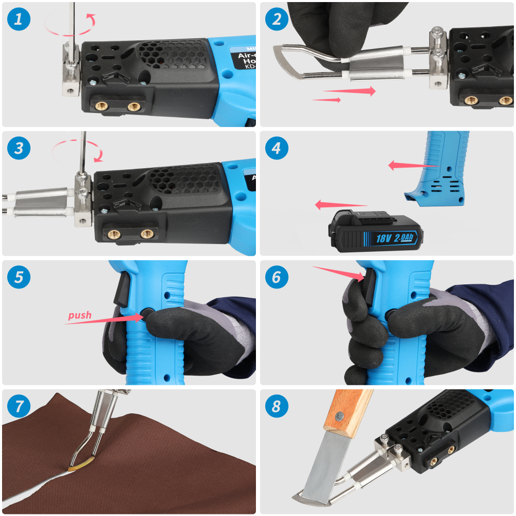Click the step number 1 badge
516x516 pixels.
(19, 20)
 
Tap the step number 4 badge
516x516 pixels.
(277, 149)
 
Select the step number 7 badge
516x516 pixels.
(19, 406)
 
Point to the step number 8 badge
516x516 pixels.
(277, 406)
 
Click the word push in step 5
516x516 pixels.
(79, 315)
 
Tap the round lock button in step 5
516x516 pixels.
(147, 313)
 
